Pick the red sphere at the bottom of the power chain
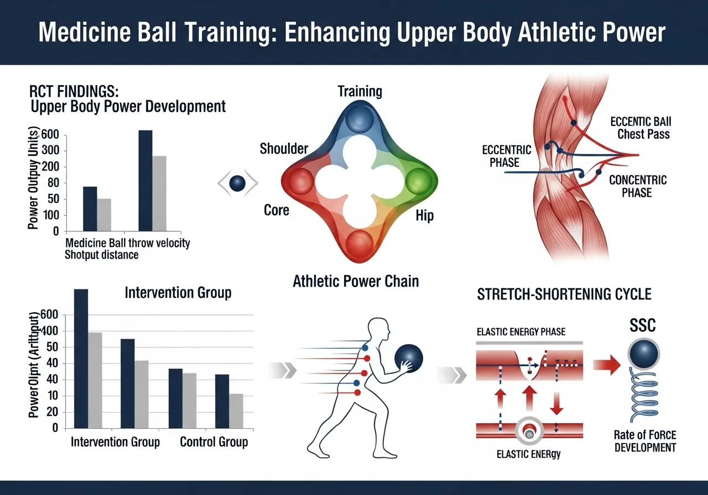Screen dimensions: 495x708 pos(360,241)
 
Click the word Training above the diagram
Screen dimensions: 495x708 pos(360,91)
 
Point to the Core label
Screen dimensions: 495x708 pos(276,210)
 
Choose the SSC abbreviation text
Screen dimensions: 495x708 pos(642,325)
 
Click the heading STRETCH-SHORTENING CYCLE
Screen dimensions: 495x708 pos(564,294)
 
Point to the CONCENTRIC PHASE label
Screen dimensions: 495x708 pos(637,187)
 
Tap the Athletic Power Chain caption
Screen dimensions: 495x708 pos(356,281)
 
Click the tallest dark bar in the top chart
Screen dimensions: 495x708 pos(145,181)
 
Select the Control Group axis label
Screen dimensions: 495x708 pos(214,442)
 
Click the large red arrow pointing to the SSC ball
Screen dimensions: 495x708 pos(607,365)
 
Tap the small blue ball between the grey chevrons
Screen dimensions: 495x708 pos(237,183)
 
